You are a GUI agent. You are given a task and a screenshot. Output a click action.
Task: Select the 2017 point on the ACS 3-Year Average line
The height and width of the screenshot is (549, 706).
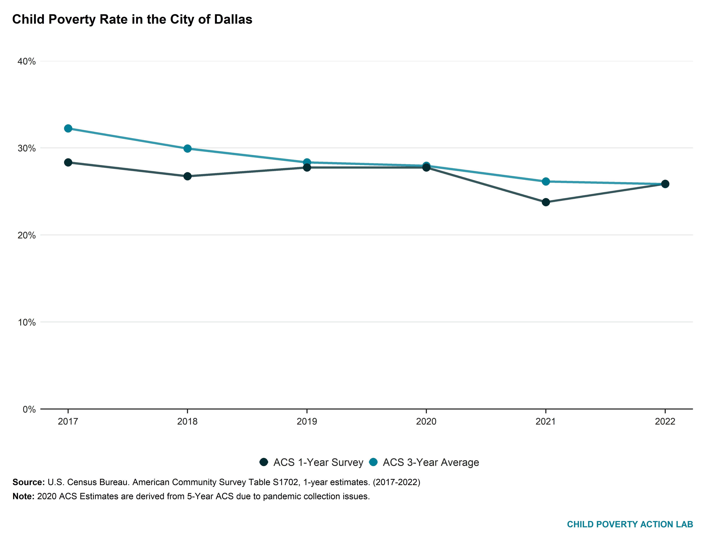tap(68, 128)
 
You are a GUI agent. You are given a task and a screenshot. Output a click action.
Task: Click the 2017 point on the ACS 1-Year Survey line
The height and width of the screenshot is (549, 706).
tap(68, 162)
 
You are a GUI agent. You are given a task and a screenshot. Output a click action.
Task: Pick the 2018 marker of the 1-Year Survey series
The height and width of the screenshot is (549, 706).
tap(187, 176)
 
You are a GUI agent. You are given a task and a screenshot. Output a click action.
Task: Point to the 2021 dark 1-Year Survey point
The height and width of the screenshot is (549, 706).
tap(546, 202)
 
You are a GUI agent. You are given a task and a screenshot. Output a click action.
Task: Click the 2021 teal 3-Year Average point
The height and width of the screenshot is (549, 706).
tap(546, 182)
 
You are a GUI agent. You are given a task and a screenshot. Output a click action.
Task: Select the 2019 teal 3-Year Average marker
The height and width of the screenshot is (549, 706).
tap(307, 162)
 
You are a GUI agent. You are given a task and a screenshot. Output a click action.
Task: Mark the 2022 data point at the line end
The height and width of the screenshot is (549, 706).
tap(665, 184)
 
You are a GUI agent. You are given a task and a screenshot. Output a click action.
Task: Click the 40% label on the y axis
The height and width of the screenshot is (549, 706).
tap(27, 61)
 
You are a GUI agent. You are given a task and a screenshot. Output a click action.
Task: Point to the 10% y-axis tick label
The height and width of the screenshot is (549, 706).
tap(27, 322)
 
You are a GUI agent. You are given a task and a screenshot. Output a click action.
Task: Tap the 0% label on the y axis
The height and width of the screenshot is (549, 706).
tap(29, 409)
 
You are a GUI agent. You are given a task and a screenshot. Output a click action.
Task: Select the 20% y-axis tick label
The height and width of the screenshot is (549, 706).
tap(27, 235)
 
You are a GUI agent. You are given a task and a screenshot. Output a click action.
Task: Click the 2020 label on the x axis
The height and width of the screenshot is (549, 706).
tap(426, 421)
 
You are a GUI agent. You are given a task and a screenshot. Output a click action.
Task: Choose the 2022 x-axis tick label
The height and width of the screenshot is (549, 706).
tap(665, 421)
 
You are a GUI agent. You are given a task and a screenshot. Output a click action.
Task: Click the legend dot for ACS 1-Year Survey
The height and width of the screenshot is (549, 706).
tap(264, 462)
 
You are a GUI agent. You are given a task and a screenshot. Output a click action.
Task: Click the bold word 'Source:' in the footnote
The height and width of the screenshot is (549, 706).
tap(29, 482)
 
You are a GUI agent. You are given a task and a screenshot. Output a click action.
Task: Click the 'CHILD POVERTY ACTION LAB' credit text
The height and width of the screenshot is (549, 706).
tap(630, 524)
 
